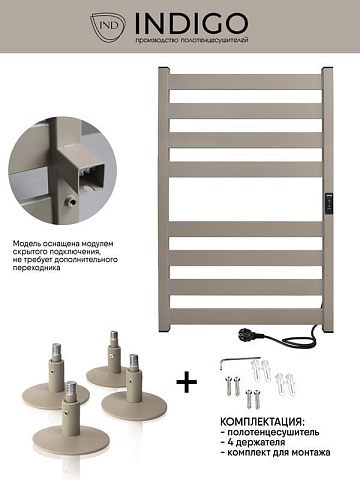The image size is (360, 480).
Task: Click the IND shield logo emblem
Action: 108,26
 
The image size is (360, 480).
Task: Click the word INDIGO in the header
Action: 192,23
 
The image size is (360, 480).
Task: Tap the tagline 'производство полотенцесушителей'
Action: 192,41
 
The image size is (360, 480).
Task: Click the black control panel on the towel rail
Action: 329,203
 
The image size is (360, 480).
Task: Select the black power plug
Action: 246,334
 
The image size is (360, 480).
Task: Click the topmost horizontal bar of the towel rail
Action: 246,82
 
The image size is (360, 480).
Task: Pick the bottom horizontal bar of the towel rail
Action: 246,316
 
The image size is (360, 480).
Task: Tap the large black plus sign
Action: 187,382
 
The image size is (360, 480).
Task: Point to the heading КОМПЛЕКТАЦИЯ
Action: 262,422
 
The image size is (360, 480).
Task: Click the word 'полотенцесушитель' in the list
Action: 273,432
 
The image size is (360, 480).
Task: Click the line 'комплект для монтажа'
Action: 279,453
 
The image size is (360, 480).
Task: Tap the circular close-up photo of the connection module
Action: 63,170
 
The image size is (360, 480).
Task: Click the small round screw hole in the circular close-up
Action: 70,201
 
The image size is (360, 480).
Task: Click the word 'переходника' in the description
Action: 37,267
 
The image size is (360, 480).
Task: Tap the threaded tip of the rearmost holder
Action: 114,335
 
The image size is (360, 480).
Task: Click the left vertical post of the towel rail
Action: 164,200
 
